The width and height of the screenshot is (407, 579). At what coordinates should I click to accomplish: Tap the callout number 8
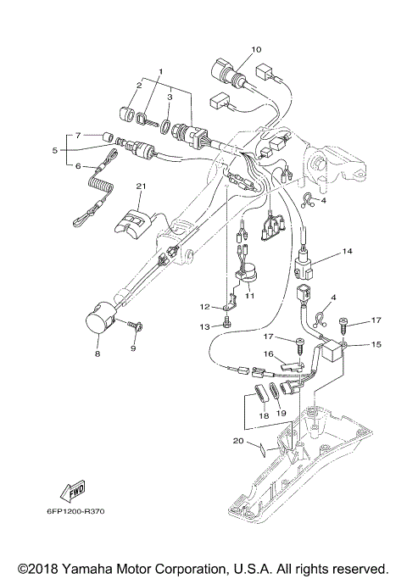pyautogui.click(x=98, y=353)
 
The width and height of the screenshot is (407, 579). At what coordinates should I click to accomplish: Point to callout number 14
pyautogui.click(x=347, y=252)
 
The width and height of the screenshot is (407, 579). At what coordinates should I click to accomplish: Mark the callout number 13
pyautogui.click(x=204, y=326)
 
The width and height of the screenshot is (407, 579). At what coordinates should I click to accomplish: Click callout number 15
pyautogui.click(x=353, y=344)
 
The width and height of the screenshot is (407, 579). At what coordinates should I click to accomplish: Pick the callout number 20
pyautogui.click(x=238, y=441)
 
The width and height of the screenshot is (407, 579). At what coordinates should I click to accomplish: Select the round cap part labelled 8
pyautogui.click(x=101, y=324)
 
